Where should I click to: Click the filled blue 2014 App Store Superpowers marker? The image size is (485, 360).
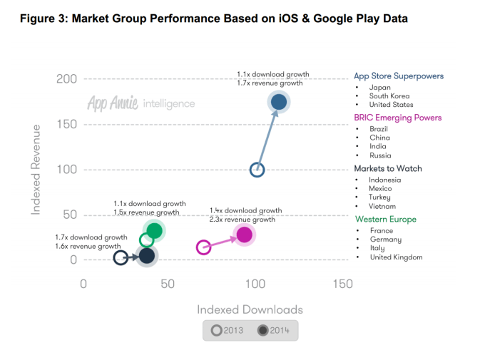coord(279,102)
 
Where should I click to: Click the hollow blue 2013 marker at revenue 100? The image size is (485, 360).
coord(257,170)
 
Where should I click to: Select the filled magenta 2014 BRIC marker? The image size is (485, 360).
coord(244,235)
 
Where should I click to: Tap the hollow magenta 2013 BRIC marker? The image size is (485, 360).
coord(203,247)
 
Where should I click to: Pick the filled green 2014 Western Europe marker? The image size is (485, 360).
coord(154,230)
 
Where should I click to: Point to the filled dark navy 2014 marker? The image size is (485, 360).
coord(147,255)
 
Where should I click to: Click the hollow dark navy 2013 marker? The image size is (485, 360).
coord(121,258)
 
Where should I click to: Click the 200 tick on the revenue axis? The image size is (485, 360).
coord(66,78)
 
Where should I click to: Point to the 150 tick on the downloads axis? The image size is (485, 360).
coord(342,284)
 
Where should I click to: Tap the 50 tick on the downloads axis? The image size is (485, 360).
coord(168,284)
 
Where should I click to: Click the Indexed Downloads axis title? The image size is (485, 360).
coord(250,309)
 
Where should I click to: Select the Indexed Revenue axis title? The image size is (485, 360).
coord(35,170)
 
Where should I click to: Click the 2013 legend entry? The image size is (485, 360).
coord(228,330)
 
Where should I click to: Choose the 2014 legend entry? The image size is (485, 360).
coord(273,330)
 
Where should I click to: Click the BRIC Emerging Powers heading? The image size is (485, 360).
coord(397,118)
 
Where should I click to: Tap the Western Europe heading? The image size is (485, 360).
coord(385,220)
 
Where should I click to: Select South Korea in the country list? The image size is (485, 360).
coord(389,96)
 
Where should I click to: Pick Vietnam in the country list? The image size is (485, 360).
coord(384,206)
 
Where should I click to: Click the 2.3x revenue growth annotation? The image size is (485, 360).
coord(242,220)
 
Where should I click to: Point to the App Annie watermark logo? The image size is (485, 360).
coord(141,103)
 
